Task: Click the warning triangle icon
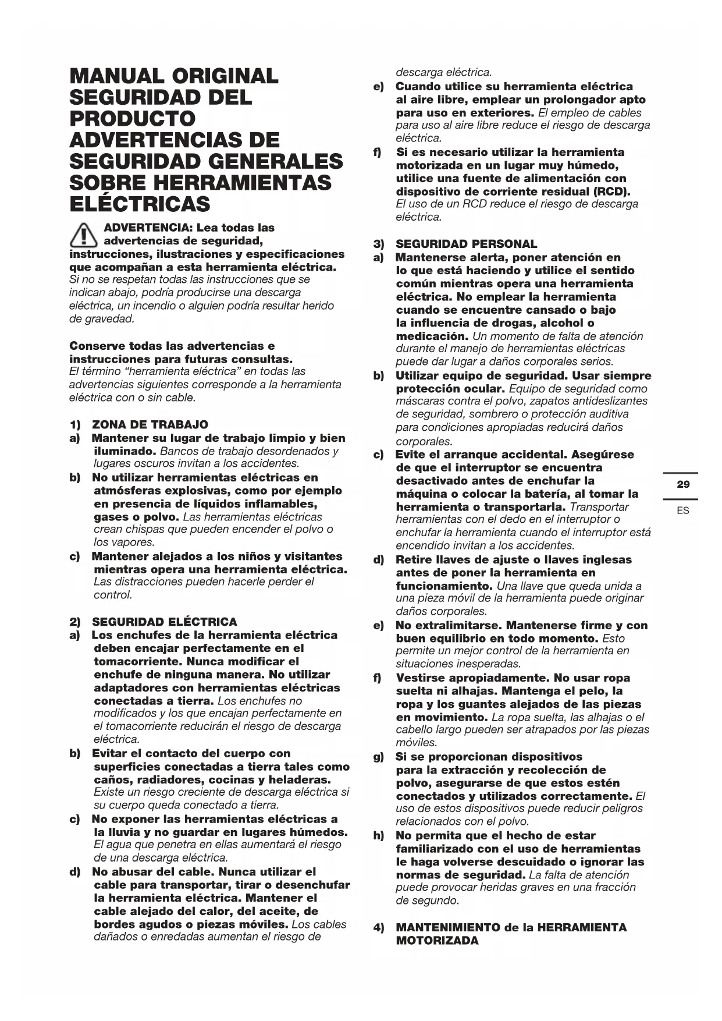pos(83,235)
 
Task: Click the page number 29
pos(683,484)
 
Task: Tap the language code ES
pos(683,510)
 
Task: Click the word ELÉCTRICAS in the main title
pos(140,204)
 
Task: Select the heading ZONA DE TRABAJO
pos(150,424)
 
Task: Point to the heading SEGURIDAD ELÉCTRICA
pos(165,622)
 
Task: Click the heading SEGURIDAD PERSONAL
pos(466,244)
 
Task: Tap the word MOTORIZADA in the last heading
pos(437,941)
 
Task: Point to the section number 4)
pos(379,927)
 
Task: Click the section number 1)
pos(75,424)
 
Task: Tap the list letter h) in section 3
pos(379,835)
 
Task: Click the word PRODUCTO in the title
pos(132,119)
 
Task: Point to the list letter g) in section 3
pos(379,757)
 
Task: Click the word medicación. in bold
pos(432,336)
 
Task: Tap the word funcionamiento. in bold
pos(444,586)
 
